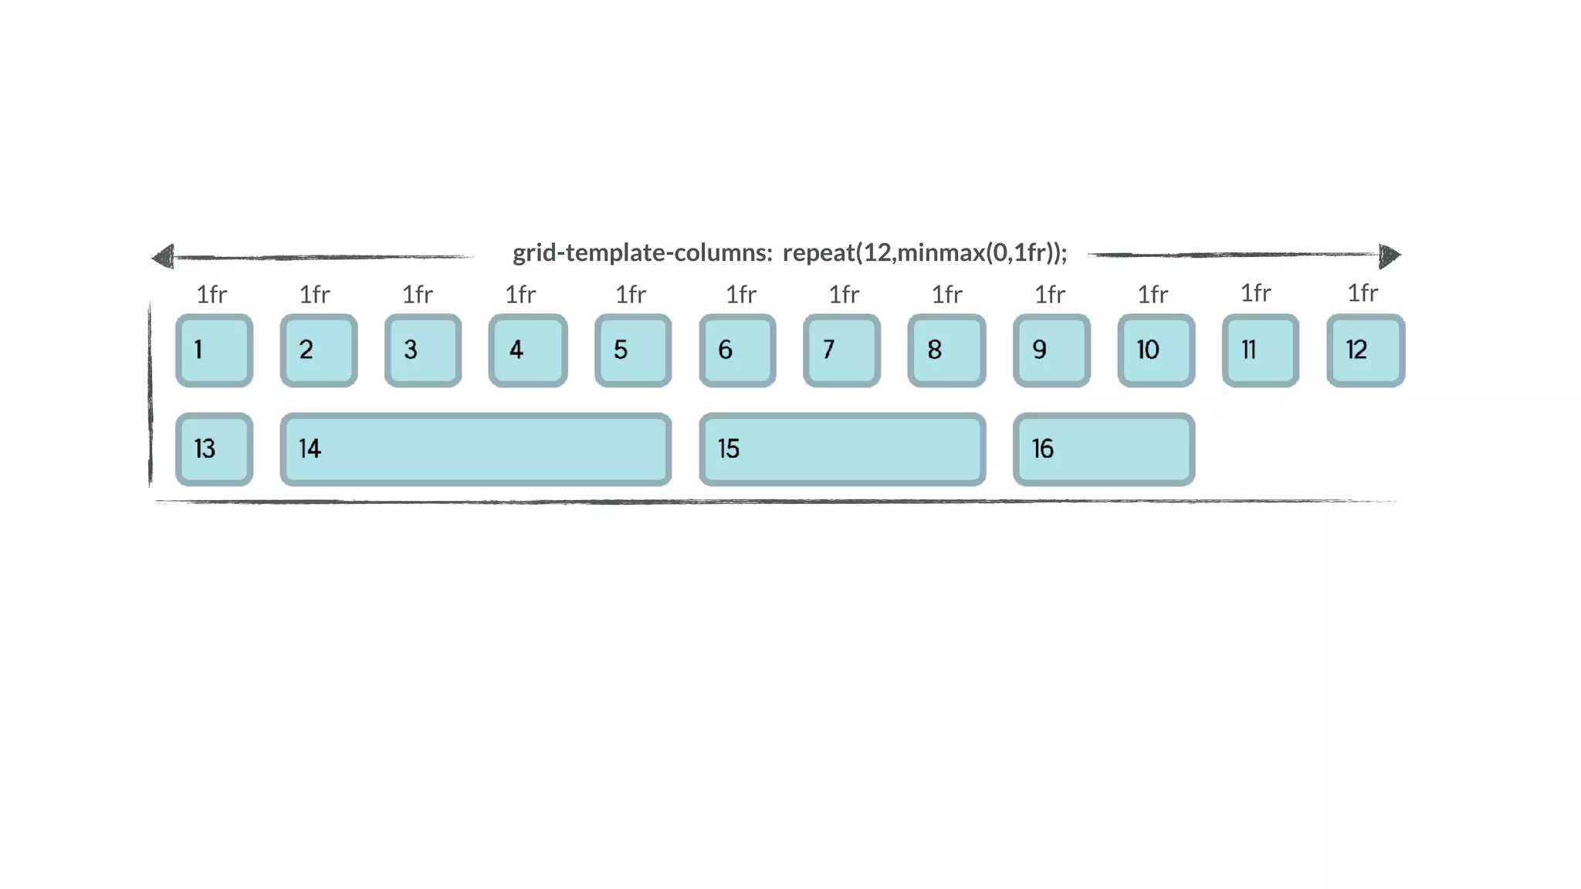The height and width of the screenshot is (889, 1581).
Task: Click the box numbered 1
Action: coord(214,350)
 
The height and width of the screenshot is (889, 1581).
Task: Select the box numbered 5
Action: coord(633,350)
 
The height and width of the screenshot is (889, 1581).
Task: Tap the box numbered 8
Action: coord(946,350)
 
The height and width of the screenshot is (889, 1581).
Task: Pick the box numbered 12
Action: coord(1365,350)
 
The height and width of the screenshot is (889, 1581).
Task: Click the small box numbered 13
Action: coord(214,449)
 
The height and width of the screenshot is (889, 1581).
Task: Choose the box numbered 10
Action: coord(1156,350)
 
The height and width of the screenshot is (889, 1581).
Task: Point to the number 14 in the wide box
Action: coord(310,449)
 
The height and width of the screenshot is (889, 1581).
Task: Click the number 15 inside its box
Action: coord(728,449)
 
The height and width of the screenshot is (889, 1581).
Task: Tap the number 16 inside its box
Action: coord(1042,449)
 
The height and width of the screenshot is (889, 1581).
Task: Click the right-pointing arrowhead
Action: coord(1389,255)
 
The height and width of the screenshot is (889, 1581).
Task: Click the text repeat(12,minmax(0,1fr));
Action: coord(925,253)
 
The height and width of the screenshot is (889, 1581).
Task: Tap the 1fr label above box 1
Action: coord(212,294)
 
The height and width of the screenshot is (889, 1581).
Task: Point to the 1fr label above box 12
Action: coord(1363,292)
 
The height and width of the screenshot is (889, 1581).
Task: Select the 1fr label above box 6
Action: coord(741,294)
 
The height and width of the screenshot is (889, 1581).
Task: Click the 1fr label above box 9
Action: coord(1050,294)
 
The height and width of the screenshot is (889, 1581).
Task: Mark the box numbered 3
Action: coord(423,350)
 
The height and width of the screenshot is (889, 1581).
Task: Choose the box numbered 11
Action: coord(1260,350)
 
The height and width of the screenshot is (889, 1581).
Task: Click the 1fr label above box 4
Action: coord(520,294)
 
